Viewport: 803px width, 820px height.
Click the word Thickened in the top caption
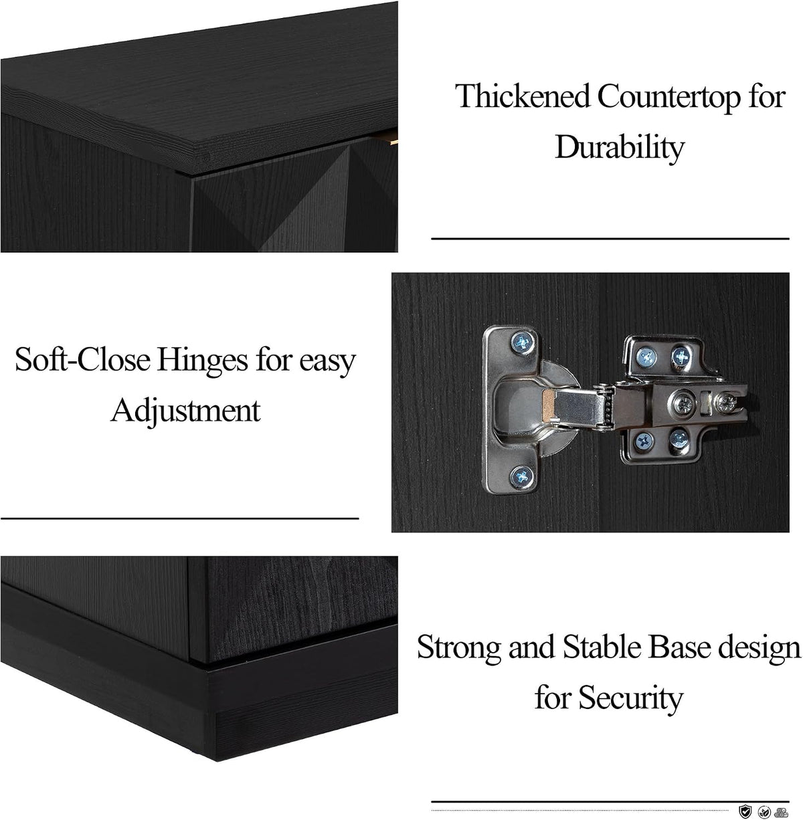point(523,96)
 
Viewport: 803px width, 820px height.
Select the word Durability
point(620,147)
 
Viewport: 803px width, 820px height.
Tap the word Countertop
point(669,98)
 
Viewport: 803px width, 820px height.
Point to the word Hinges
point(202,361)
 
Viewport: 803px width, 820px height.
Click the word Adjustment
point(185,411)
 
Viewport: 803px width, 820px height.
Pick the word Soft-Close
point(82,360)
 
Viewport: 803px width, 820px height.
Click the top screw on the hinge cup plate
point(522,342)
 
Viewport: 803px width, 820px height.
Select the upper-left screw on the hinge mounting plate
point(646,357)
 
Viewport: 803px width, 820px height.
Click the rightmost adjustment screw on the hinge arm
point(726,402)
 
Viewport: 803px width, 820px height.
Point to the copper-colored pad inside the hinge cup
point(549,403)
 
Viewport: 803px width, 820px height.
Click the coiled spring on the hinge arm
point(609,405)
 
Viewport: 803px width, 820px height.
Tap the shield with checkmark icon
point(745,811)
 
